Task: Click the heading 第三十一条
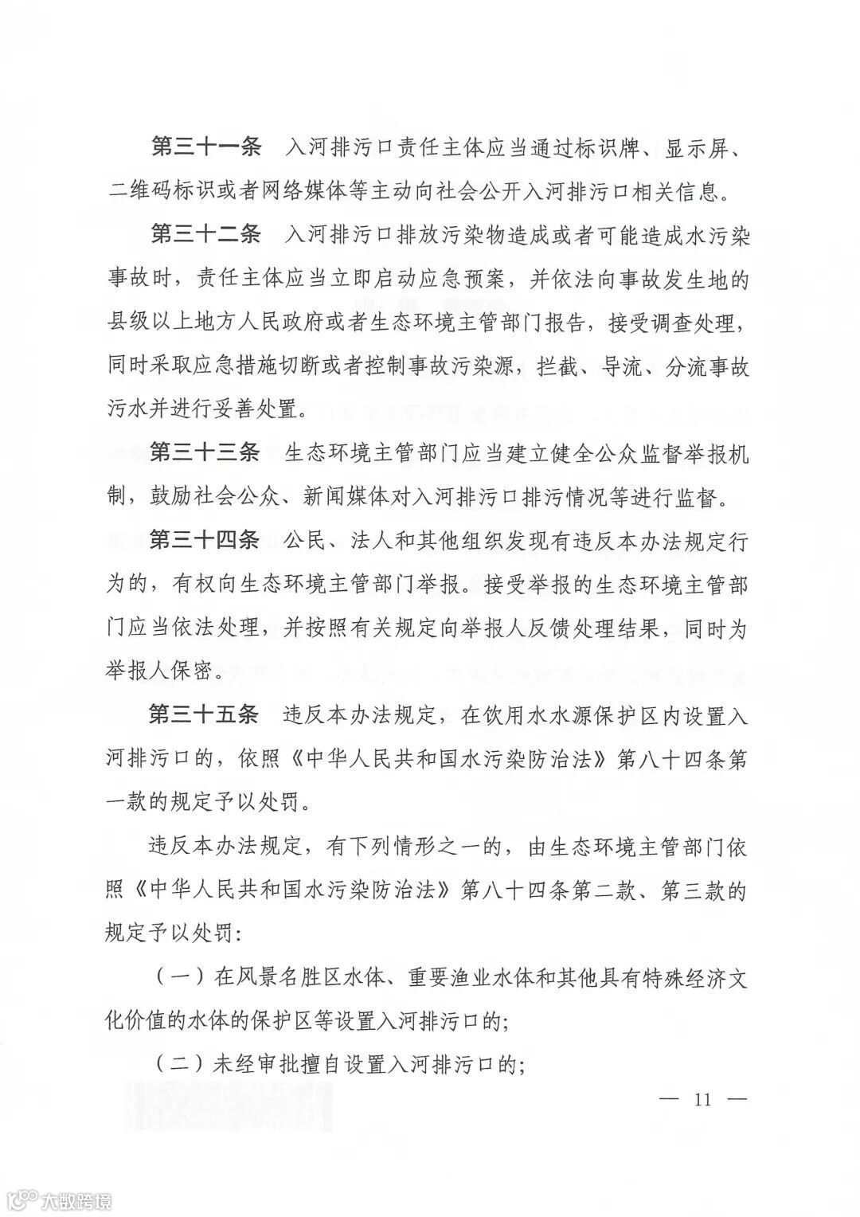click(205, 147)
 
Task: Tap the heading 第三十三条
click(205, 453)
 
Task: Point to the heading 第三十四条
click(205, 541)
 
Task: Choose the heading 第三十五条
click(205, 714)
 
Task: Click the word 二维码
click(140, 192)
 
